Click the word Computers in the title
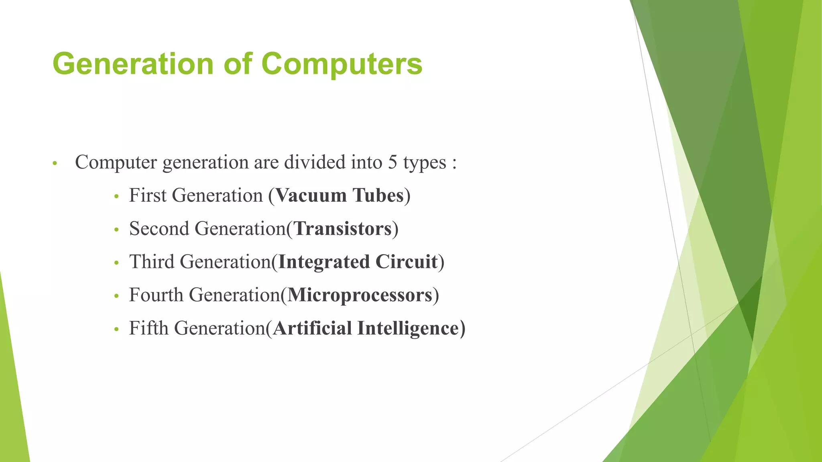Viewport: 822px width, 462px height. [x=342, y=64]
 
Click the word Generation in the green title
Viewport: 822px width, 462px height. [x=133, y=64]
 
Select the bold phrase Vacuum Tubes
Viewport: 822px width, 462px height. [x=340, y=196]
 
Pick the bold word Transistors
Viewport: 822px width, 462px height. [x=343, y=229]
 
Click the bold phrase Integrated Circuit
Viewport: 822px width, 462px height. [x=358, y=262]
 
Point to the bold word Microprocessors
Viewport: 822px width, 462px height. [x=360, y=295]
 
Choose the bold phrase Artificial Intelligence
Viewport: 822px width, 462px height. [x=366, y=328]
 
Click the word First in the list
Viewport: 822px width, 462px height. [x=147, y=196]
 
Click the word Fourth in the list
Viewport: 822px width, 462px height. [x=156, y=295]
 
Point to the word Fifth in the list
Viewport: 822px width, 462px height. [x=149, y=328]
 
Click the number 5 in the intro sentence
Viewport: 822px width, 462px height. [x=392, y=163]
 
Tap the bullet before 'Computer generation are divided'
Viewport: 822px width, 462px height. [x=55, y=164]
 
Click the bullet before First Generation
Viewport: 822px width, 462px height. [x=116, y=197]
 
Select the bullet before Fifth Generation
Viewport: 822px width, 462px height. [x=116, y=330]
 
